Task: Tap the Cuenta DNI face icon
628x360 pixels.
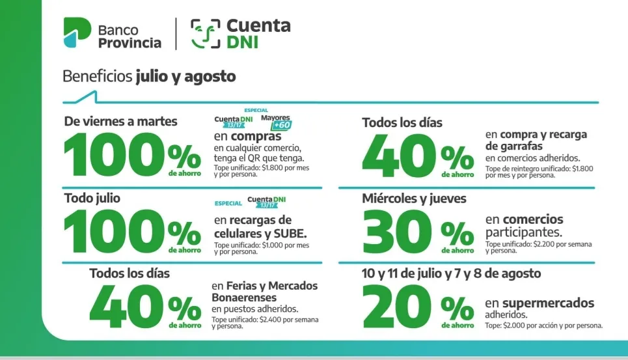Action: pos(204,33)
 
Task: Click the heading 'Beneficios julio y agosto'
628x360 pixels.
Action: pos(149,76)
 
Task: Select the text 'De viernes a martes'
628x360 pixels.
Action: pos(120,121)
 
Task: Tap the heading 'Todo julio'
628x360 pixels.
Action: pos(92,197)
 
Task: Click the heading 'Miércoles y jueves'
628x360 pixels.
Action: pos(414,199)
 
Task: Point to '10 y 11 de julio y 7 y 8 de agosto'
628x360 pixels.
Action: pos(452,273)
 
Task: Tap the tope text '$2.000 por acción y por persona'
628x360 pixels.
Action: pos(543,325)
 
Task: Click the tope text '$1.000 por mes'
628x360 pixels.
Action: pos(261,248)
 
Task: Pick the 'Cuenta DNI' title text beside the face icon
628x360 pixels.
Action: pos(258,33)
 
